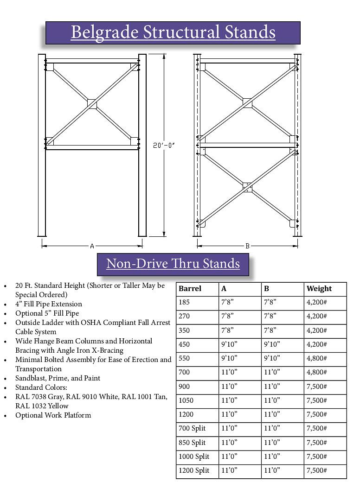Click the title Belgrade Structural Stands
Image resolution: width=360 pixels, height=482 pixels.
pos(173,32)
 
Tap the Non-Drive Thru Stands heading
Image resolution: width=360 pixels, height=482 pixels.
pos(173,264)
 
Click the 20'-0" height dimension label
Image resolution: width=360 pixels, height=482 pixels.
pos(164,146)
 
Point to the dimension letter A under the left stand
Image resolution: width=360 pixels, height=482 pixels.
pos(92,246)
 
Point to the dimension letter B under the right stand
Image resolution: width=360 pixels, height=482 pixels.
pos(248,246)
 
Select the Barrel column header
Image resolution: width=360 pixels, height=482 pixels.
pos(190,289)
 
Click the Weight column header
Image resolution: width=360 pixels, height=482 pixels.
pos(319,289)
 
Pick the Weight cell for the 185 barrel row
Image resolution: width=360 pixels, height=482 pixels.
pos(317,303)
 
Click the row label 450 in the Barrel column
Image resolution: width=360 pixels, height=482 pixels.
pos(185,344)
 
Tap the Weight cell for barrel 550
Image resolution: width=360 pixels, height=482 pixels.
pos(317,358)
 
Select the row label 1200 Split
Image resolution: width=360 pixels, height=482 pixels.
pos(194,470)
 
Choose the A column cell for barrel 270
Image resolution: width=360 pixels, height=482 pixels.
pos(227,317)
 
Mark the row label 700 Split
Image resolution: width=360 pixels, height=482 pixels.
pos(192,428)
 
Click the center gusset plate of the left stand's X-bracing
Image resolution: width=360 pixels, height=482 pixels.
pos(92,103)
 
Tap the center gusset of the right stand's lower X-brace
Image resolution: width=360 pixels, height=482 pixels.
pos(248,186)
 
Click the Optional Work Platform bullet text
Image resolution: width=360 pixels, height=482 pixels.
pos(53,415)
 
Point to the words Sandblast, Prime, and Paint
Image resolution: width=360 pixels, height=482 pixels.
pos(58,378)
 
